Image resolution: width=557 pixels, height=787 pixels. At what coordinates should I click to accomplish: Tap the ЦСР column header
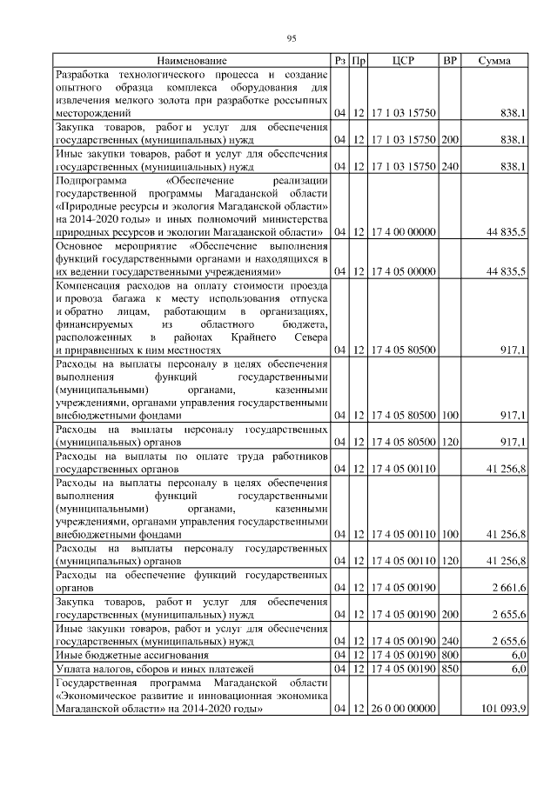coord(402,61)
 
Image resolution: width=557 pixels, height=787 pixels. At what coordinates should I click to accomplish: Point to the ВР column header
coord(450,61)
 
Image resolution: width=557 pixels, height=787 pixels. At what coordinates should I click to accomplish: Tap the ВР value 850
coord(450,669)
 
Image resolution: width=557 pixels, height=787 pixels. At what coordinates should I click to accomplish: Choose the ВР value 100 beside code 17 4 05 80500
coord(450,416)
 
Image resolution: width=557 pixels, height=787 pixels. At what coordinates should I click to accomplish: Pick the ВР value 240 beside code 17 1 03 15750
coord(450,165)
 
